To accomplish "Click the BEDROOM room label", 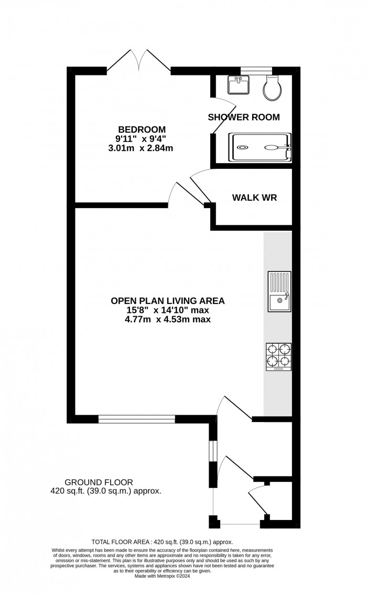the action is [x=142, y=129].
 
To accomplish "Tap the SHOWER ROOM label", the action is [x=244, y=117].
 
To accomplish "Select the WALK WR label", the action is [x=254, y=198].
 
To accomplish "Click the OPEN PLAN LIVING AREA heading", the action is [x=167, y=301].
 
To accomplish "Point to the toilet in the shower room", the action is [x=273, y=88].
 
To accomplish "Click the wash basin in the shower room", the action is [x=239, y=84].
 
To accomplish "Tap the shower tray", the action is [x=260, y=147].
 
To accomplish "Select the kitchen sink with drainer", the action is [x=279, y=291].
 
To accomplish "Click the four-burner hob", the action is [x=278, y=356].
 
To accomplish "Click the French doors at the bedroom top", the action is [x=138, y=61].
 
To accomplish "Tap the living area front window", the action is [x=137, y=419].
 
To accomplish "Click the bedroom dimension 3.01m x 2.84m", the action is [x=141, y=148].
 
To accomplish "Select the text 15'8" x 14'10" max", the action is [x=168, y=310].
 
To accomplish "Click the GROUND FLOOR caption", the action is [x=99, y=482].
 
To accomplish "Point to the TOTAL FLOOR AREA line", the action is [x=162, y=542].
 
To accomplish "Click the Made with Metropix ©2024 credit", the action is [x=162, y=576].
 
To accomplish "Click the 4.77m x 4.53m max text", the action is [x=168, y=319].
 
